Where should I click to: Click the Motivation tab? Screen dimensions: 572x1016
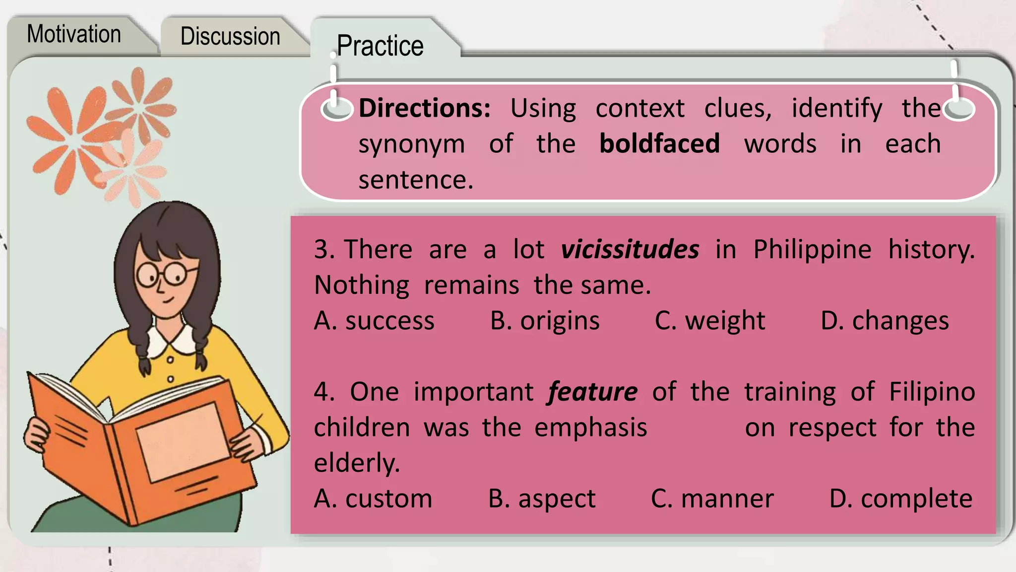74,34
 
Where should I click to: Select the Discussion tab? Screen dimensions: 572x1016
230,36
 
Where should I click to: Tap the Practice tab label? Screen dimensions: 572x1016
380,46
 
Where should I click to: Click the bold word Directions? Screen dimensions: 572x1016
424,108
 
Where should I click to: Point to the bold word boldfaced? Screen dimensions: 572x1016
659,143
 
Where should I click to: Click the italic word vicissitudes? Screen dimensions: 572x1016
630,249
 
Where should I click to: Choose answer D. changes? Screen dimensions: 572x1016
885,321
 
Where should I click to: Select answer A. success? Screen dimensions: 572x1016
374,321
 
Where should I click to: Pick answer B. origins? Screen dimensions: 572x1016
545,321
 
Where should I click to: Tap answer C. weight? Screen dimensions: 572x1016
710,321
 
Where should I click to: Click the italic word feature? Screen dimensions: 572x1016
593,392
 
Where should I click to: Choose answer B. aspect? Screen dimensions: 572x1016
542,499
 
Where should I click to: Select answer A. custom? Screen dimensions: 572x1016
373,499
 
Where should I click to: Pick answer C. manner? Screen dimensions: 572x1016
712,499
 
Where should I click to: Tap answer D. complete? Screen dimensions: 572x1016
901,499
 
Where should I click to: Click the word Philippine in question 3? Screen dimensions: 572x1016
812,249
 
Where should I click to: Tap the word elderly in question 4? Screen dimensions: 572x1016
357,463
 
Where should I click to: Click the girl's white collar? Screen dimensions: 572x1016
171,340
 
